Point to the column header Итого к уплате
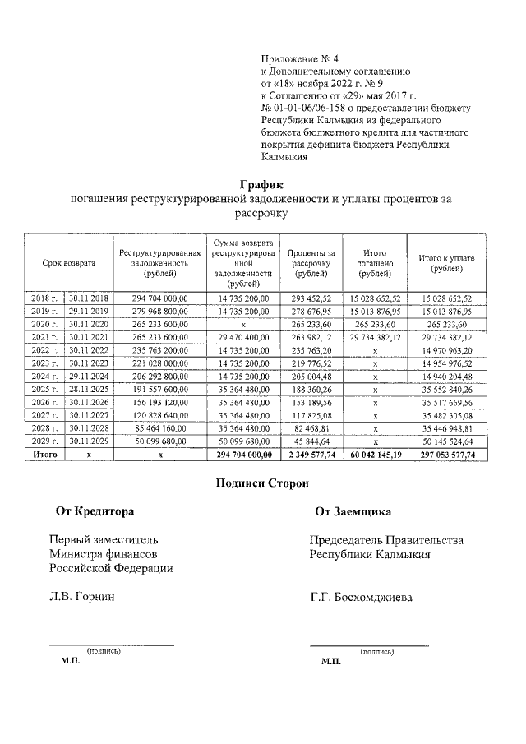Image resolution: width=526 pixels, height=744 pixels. (x=446, y=263)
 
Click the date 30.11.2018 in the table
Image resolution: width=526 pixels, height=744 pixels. (x=89, y=298)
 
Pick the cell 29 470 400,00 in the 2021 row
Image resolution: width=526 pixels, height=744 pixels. (x=243, y=337)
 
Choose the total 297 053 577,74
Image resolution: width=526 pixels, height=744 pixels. (x=447, y=454)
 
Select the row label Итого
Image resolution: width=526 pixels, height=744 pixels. (x=44, y=454)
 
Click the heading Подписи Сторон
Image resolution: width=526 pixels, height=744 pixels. (x=262, y=483)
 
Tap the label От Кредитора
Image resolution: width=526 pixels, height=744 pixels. (x=95, y=511)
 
